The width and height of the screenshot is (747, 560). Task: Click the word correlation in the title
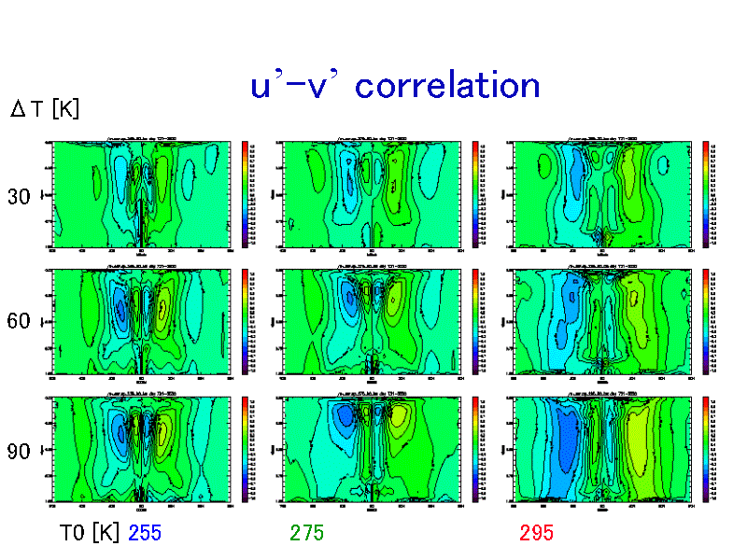click(447, 86)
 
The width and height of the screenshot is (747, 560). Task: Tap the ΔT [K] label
click(44, 109)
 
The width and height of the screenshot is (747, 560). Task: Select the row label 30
click(19, 197)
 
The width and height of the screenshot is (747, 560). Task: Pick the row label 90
click(19, 452)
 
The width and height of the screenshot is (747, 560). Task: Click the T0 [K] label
click(89, 533)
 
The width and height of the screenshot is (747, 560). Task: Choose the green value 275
click(307, 533)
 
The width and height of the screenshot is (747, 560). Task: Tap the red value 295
click(537, 533)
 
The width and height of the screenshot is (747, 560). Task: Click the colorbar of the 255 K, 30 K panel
click(245, 194)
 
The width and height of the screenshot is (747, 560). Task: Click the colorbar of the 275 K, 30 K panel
click(474, 194)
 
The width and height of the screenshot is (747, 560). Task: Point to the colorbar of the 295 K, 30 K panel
click(705, 194)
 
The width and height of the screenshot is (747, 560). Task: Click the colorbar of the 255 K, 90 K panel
click(245, 449)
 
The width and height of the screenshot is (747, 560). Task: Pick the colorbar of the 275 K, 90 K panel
click(474, 449)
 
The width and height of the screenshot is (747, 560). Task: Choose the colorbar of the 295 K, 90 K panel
click(705, 449)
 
